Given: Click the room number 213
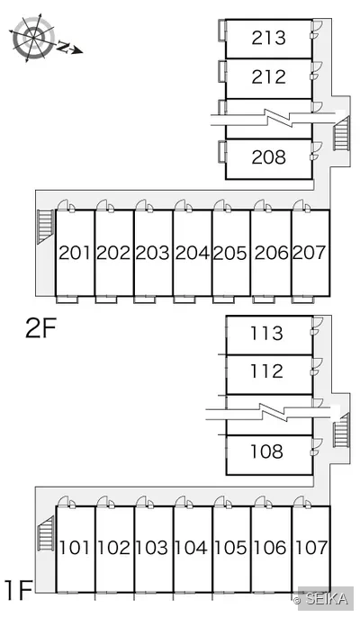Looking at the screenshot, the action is [x=268, y=38].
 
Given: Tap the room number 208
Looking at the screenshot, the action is [x=268, y=157].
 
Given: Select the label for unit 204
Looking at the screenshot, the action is [x=193, y=253].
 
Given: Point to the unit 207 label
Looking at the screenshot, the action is [x=310, y=253].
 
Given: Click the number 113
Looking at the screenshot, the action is [x=267, y=334].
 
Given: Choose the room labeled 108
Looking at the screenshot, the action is [x=267, y=452].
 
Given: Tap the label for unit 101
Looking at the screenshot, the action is [x=75, y=548].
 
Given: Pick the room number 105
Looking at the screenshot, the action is [x=230, y=548].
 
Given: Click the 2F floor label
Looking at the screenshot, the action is [x=41, y=328].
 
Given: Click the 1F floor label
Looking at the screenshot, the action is [x=18, y=590].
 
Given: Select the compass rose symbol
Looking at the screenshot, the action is [x=33, y=38].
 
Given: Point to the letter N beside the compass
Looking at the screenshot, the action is [x=64, y=47].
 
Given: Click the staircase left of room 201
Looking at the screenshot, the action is [x=45, y=227].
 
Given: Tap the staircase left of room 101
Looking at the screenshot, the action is [x=46, y=533].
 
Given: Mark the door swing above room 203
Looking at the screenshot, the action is [x=145, y=206].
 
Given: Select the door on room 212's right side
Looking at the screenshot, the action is [x=316, y=71].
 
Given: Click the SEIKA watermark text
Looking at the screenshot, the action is [x=327, y=599].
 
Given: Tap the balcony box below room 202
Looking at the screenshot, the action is [x=106, y=300].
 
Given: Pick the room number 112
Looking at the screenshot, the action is [x=267, y=371].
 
